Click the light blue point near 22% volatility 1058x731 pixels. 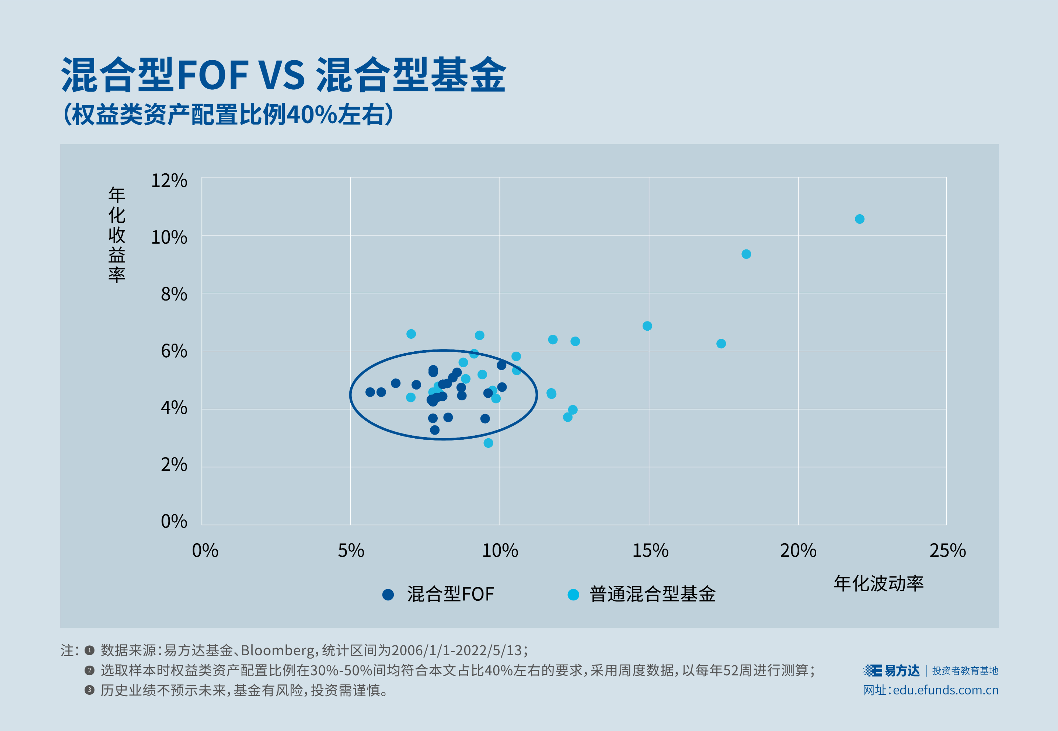pyautogui.click(x=860, y=219)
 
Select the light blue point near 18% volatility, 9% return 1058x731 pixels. pyautogui.click(x=746, y=254)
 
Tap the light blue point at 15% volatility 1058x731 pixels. pyautogui.click(x=647, y=326)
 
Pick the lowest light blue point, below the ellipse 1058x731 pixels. pyautogui.click(x=489, y=443)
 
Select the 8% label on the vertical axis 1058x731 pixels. pyautogui.click(x=174, y=294)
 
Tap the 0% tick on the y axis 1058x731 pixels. pyautogui.click(x=174, y=521)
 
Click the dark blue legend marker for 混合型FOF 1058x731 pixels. pyautogui.click(x=388, y=595)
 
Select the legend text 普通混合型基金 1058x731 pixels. pyautogui.click(x=652, y=595)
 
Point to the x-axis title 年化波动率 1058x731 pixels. pyautogui.click(x=878, y=583)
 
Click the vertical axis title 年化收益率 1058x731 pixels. pyautogui.click(x=117, y=235)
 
